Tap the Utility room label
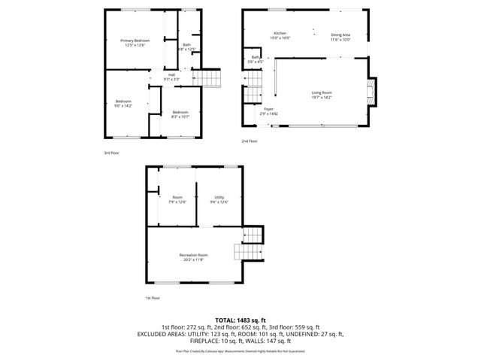coord(219,199)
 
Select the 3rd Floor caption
coord(112,153)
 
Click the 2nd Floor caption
coord(249,141)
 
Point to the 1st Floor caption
coord(153,299)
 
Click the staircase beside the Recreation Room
coord(250,242)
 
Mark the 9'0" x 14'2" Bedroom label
coord(124,104)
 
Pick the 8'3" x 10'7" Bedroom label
coord(180,114)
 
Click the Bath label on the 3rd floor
coord(186,47)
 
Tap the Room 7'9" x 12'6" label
coord(178,199)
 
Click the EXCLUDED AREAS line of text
coord(240,334)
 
